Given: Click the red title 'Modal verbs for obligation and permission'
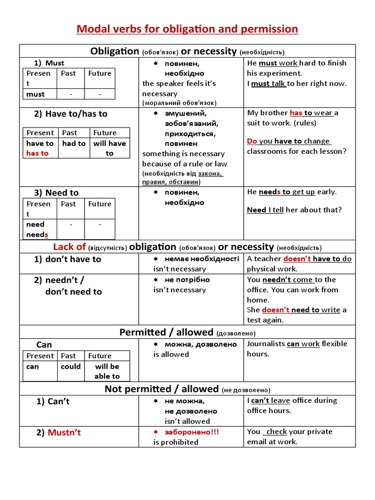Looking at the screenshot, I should (x=187, y=29).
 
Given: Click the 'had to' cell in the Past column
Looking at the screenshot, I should (x=74, y=144).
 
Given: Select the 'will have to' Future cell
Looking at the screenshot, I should (x=109, y=148).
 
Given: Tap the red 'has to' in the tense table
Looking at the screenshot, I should (x=38, y=153).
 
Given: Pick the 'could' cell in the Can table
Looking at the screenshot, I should (x=71, y=367).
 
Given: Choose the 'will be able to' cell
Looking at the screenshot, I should (x=107, y=371).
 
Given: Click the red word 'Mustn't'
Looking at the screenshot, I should (x=64, y=433).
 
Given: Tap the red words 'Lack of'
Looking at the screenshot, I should (x=69, y=247).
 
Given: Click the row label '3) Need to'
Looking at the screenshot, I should (x=56, y=193).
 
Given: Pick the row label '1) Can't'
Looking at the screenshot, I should (x=53, y=401).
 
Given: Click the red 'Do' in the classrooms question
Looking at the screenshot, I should (x=252, y=141).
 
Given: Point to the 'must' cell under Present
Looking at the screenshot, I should (x=36, y=94).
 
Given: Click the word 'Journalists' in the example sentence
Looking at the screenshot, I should (x=266, y=344).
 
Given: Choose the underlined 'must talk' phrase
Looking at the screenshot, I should (x=268, y=83).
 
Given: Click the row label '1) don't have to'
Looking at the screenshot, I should (x=67, y=259).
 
